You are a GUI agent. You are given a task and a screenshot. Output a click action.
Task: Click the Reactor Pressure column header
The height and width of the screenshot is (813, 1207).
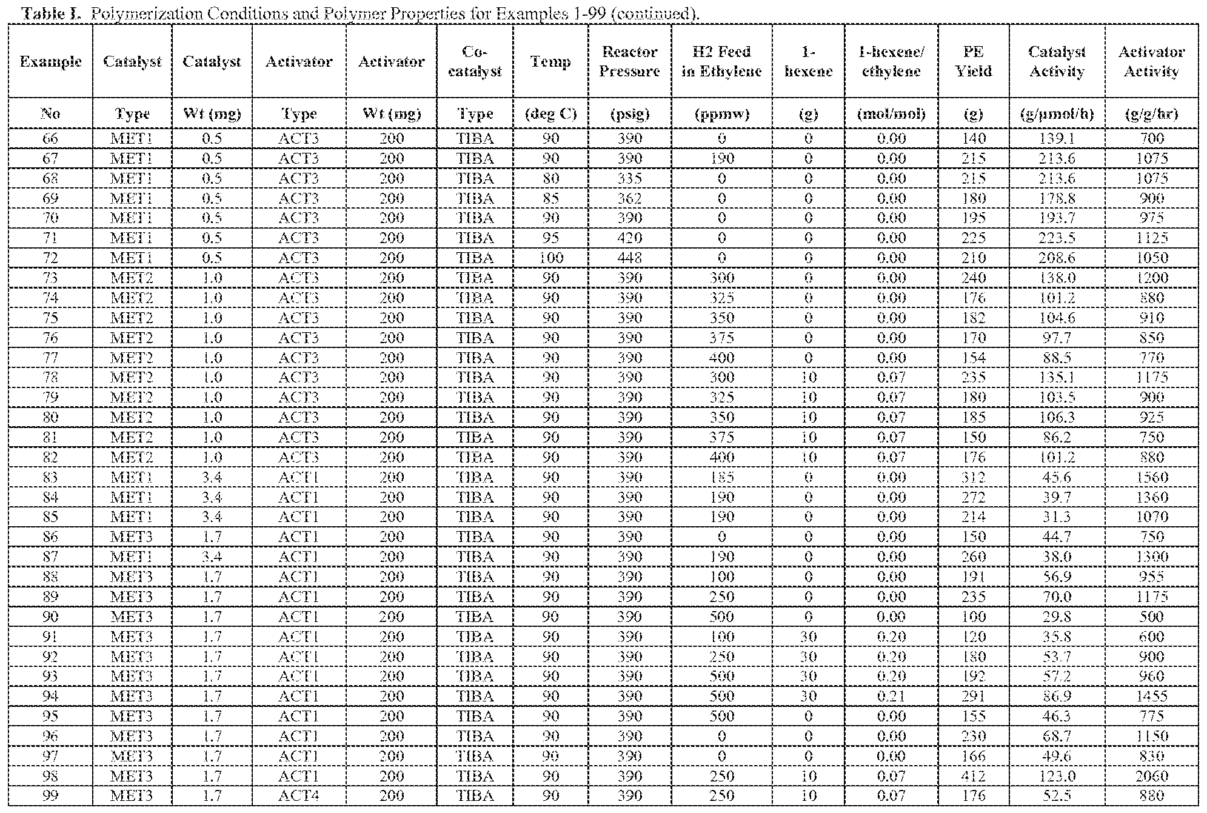pos(629,61)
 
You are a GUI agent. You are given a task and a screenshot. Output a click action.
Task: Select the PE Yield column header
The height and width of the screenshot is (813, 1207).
pos(973,61)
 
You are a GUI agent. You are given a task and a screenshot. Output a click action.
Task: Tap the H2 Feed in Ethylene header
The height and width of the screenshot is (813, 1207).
pos(721,61)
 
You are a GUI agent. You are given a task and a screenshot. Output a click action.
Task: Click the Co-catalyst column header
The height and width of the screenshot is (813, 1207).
pos(475,61)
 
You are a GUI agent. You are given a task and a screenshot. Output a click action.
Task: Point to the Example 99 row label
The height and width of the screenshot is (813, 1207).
pos(50,795)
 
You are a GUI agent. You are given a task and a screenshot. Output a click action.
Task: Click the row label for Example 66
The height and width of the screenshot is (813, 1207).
pos(50,138)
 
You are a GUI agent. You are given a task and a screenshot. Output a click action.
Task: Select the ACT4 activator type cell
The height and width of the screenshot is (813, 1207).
pos(298,795)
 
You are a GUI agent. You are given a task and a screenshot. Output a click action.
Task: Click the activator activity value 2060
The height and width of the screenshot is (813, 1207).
pos(1151,776)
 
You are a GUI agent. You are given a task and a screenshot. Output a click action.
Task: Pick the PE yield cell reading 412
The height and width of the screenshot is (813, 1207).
pos(973,776)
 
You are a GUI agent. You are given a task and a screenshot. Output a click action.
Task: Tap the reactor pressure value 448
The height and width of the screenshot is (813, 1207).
pos(629,258)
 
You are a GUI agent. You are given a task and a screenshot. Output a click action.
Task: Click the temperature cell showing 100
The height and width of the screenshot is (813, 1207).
pos(550,258)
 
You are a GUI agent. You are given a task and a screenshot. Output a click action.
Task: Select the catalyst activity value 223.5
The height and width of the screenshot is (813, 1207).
pos(1057,238)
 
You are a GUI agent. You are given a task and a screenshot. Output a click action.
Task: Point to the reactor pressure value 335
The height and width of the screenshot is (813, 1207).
pos(629,178)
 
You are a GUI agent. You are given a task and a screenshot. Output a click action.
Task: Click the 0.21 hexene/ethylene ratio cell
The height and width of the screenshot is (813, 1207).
pos(891,696)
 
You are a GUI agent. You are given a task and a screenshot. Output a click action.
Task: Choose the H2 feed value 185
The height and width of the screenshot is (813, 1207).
pos(721,477)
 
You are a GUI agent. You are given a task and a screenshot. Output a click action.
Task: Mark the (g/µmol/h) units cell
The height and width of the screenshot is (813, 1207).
pos(1057,113)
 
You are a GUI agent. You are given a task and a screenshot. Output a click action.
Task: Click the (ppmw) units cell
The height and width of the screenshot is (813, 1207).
pos(721,113)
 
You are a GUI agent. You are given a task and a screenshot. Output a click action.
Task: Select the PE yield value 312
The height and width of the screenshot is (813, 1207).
pos(973,477)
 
